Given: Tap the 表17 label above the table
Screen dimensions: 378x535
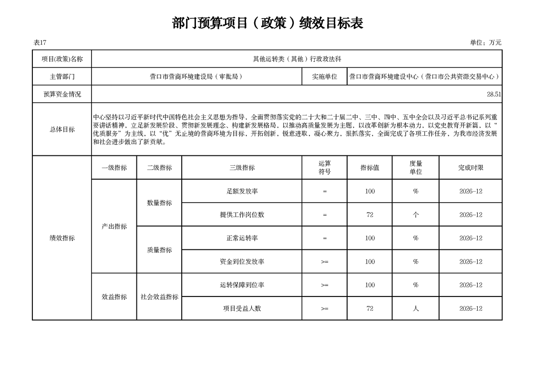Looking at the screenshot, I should pos(40,42).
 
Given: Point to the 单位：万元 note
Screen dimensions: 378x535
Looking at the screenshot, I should pos(485,42).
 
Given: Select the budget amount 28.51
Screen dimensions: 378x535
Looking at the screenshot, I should pos(494,94).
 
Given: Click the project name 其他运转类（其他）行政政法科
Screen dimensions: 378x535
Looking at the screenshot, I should pos(297,59).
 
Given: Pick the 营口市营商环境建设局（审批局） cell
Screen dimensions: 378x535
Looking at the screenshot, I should pos(196,76).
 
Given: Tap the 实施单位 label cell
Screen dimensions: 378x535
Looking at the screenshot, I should pos(324,76).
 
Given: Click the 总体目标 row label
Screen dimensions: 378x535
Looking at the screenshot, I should pos(62,129).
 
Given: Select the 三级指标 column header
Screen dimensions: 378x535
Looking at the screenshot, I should pos(242,168).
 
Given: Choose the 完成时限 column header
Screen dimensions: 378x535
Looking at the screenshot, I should pos(471,168).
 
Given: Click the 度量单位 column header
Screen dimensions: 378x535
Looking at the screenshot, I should pos(415,167).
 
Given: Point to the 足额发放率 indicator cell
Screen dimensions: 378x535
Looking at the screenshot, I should pos(242,191).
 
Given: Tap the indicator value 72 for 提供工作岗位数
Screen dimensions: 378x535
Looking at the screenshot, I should pos(370,215).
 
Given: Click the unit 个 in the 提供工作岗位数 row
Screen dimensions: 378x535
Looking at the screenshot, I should pos(415,215).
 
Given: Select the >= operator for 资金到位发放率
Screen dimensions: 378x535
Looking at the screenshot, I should pos(324,262).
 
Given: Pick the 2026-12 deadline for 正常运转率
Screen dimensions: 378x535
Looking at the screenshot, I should pos(471,238).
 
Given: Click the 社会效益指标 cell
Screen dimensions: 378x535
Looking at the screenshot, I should pos(159,296).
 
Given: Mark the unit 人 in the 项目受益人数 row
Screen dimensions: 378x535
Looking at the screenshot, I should pos(415,308).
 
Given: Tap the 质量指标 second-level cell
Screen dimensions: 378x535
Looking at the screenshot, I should pos(159,250).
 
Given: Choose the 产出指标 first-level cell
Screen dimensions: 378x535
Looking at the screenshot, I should pos(114,226).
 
